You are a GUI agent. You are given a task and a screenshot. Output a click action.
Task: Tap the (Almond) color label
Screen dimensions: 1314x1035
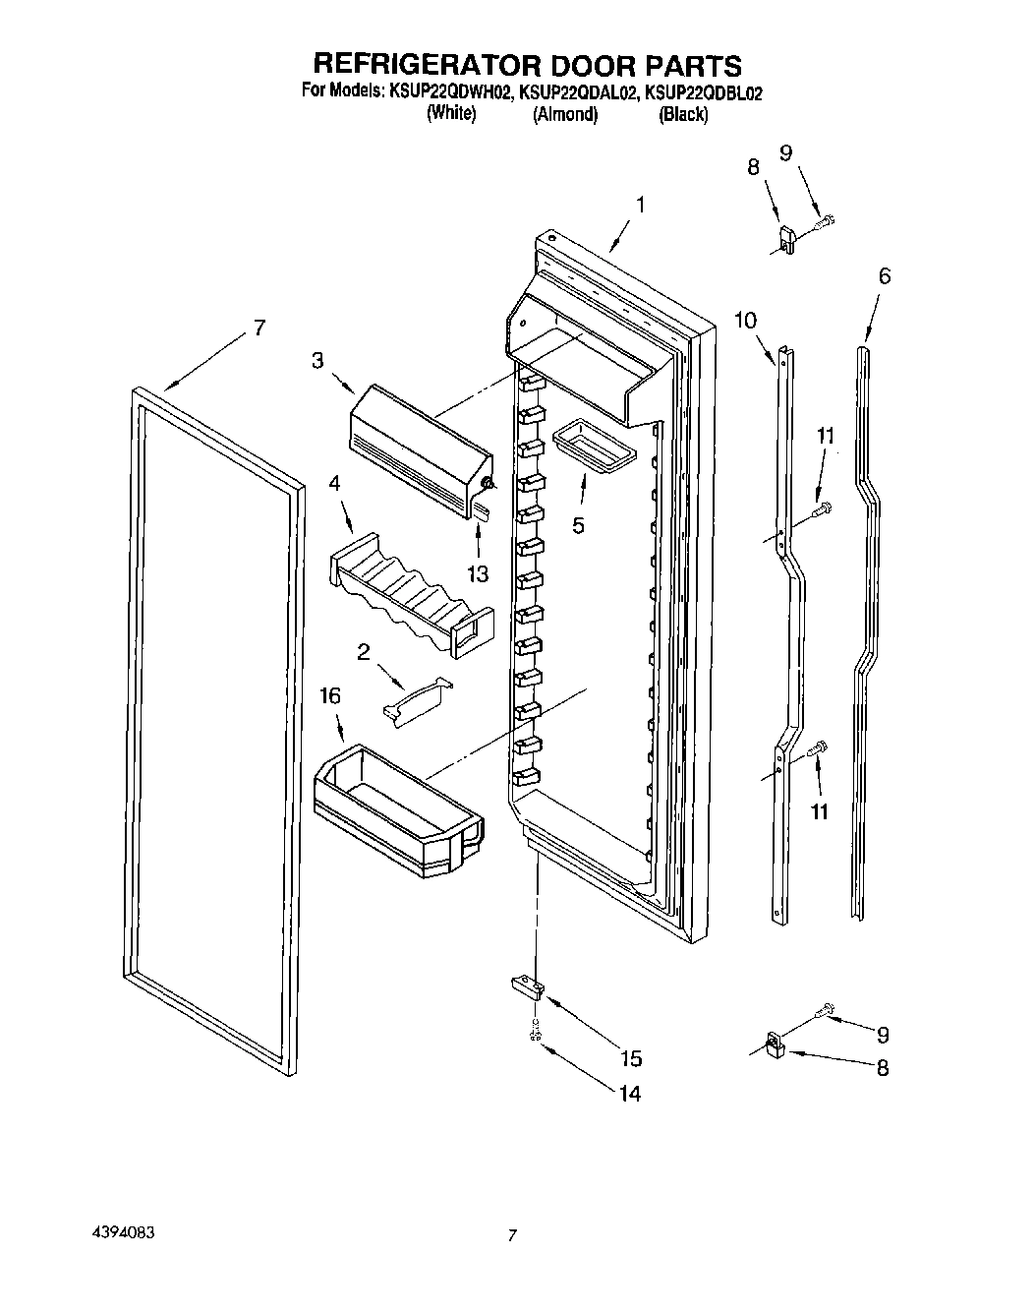point(565,114)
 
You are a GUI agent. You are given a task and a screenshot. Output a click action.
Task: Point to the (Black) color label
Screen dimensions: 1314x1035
point(683,114)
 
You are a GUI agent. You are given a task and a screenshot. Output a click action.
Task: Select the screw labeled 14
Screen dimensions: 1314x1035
point(535,1033)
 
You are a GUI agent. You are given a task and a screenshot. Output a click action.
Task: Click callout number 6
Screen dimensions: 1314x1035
point(885,276)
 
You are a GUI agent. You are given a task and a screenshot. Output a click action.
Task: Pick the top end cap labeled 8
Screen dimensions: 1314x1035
point(786,239)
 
